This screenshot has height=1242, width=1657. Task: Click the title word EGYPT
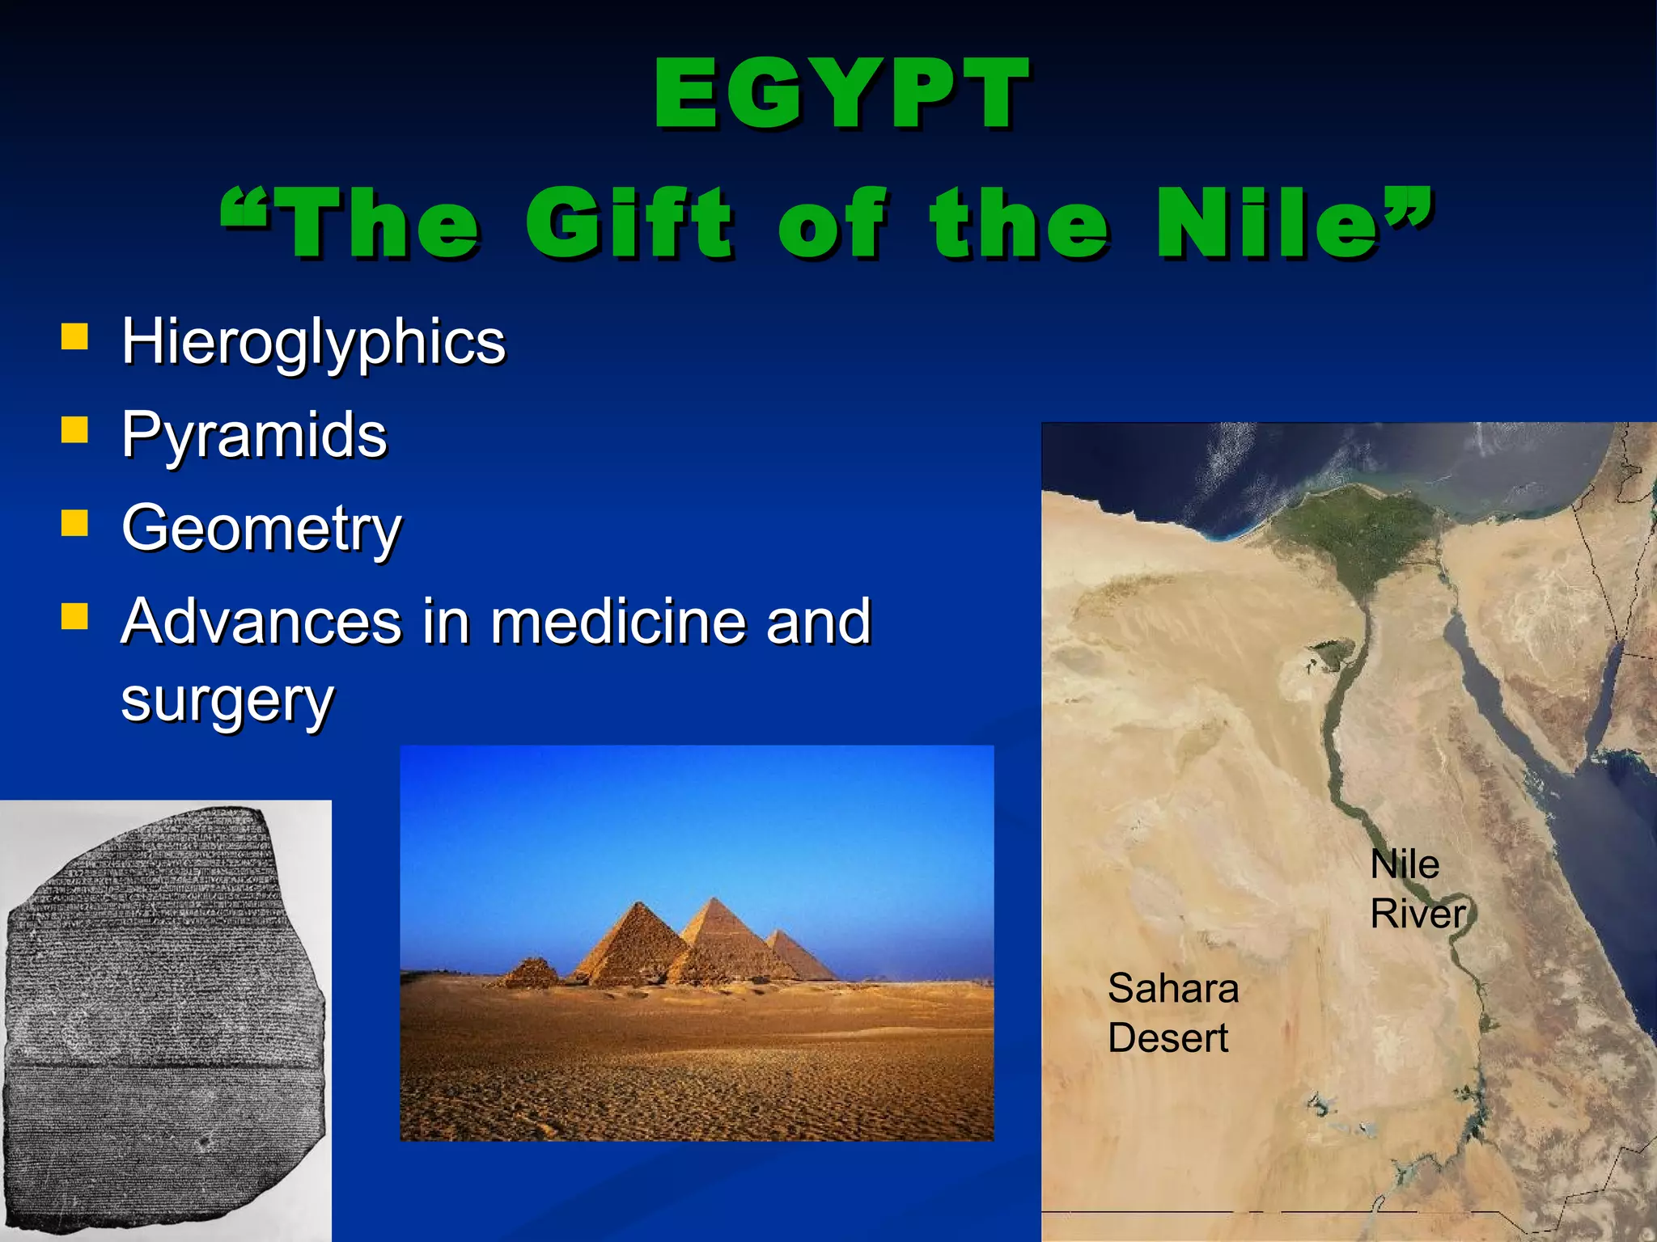(841, 95)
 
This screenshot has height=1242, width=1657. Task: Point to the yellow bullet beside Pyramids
(74, 430)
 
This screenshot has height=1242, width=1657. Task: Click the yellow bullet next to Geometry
(74, 523)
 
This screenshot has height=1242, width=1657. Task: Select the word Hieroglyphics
(313, 343)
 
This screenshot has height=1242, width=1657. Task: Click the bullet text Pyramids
(254, 435)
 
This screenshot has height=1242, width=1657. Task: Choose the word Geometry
(261, 529)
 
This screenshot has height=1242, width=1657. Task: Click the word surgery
(227, 700)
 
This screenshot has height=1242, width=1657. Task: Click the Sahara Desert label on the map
(1172, 1012)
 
